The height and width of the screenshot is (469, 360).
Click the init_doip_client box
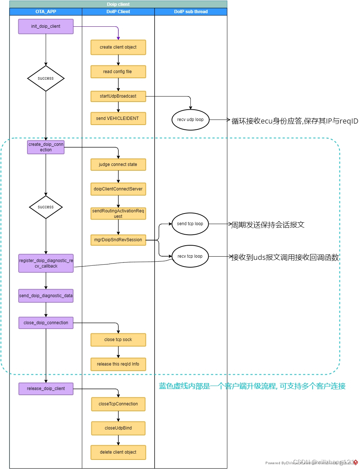[46, 27]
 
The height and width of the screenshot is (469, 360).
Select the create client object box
[118, 48]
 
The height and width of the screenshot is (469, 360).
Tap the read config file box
[118, 72]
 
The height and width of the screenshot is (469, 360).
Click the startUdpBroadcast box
[118, 96]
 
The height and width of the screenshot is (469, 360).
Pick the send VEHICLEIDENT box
[118, 118]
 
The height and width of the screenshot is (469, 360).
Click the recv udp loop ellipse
[190, 120]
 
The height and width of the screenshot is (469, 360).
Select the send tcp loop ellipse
[190, 224]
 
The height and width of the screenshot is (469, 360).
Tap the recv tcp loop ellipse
[190, 256]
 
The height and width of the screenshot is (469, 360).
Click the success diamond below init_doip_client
[46, 78]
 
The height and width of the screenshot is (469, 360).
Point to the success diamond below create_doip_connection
[46, 207]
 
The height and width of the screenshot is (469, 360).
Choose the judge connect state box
[118, 164]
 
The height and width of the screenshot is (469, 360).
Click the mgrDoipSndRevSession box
[118, 240]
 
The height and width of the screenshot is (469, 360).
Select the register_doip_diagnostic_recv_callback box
[46, 263]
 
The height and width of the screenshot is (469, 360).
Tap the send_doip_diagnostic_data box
[46, 296]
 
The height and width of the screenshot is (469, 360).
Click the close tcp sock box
[118, 340]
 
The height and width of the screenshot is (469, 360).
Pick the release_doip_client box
[46, 389]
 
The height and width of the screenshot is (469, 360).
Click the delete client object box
[118, 452]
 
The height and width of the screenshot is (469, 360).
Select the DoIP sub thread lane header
[191, 12]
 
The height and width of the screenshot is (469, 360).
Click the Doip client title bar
[118, 4]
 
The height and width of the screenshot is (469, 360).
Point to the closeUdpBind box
[118, 428]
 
